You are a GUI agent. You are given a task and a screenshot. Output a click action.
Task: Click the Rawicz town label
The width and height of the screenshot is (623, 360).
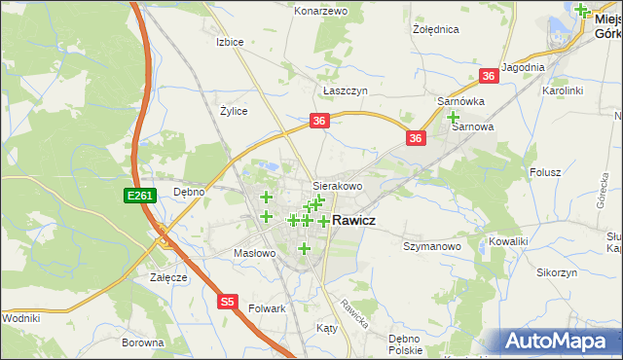354,221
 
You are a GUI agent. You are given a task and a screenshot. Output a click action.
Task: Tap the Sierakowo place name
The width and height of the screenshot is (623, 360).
337,185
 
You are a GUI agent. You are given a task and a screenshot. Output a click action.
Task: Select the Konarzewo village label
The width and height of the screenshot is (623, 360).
320,11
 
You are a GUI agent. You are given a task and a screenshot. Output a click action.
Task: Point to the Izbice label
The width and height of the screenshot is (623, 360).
230,43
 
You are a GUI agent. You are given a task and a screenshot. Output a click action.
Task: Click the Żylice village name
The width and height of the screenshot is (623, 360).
234,111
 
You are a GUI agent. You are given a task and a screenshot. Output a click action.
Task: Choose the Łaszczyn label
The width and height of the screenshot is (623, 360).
345,90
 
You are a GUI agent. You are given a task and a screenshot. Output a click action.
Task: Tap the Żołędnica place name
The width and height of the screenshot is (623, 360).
435,29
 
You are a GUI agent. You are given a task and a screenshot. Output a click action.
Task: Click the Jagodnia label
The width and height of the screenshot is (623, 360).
524,66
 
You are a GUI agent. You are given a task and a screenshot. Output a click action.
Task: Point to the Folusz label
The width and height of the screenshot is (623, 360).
546,172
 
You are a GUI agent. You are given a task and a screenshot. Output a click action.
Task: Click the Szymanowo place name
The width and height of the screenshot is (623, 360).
431,247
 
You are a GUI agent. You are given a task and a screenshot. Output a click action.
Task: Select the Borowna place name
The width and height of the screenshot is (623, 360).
142,342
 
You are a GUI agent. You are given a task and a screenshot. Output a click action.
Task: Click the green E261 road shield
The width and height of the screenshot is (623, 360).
139,196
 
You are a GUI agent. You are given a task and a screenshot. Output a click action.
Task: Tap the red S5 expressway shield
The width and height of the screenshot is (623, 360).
227,302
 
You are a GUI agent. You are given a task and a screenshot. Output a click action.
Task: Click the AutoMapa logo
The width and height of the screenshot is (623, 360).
559,342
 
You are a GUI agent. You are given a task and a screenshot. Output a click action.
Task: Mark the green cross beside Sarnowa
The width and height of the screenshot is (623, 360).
454,117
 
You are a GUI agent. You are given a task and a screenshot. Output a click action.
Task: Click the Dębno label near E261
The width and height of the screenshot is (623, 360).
189,192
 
